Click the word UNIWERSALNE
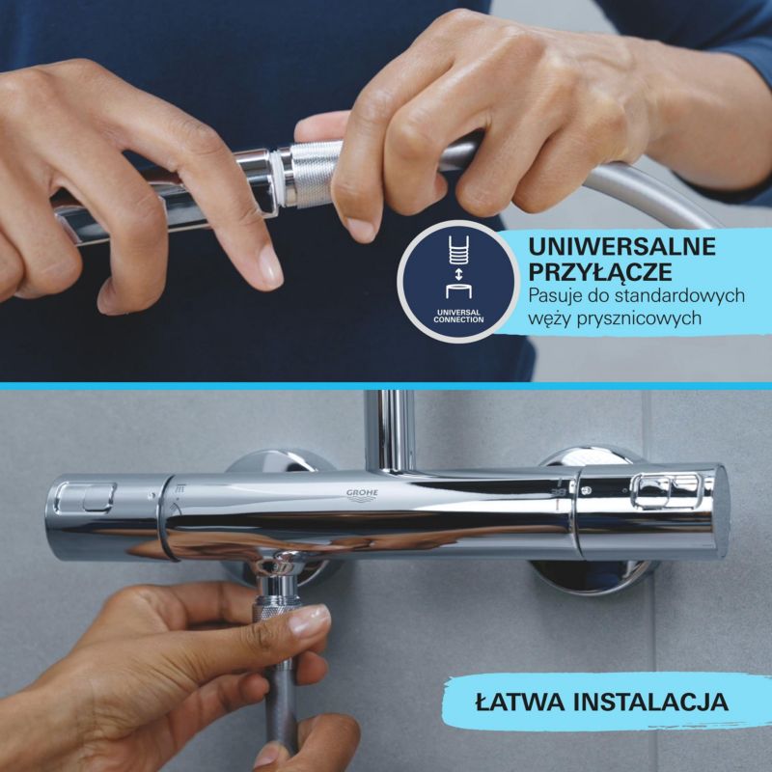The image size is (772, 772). [621, 246]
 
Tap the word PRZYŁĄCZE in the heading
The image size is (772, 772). [600, 272]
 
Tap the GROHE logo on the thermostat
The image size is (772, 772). [362, 494]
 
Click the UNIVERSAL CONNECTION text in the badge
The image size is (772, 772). [458, 317]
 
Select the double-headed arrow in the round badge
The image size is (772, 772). [458, 274]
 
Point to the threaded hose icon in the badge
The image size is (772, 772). [458, 250]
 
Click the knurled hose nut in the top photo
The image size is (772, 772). [313, 174]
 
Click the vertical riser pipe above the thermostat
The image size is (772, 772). [390, 429]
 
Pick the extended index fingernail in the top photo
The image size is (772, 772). [270, 267]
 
